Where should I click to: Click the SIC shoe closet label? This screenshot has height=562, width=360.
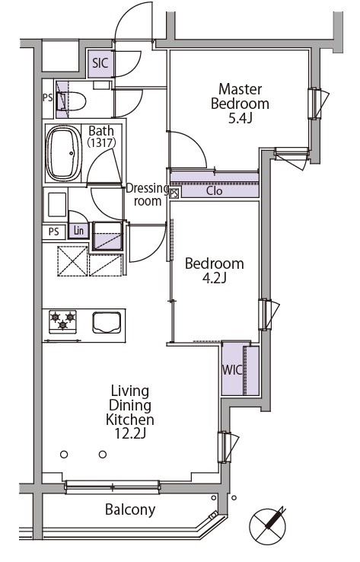point(100,63)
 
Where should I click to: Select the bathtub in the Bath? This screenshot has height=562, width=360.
point(64,153)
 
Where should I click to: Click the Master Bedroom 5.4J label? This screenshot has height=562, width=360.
point(240,104)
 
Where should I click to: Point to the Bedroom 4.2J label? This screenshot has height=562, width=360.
point(214,270)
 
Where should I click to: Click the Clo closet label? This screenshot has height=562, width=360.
point(214,190)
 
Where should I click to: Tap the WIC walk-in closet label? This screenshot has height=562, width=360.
point(232,370)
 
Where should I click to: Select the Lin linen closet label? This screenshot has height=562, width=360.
point(78,231)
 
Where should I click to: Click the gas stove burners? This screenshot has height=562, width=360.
point(62,321)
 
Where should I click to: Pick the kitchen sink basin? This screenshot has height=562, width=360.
point(107,322)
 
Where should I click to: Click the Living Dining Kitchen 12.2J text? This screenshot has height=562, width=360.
point(130,412)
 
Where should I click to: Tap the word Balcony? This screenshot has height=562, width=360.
point(130,509)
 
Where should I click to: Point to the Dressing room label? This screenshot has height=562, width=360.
point(147,194)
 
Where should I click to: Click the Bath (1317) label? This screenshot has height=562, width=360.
point(101,136)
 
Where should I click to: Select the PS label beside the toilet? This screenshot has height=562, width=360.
point(48,97)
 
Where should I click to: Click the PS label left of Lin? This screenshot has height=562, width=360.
point(53,232)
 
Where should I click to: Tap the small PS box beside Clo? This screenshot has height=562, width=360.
point(174,193)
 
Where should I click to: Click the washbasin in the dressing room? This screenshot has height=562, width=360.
point(57,205)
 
